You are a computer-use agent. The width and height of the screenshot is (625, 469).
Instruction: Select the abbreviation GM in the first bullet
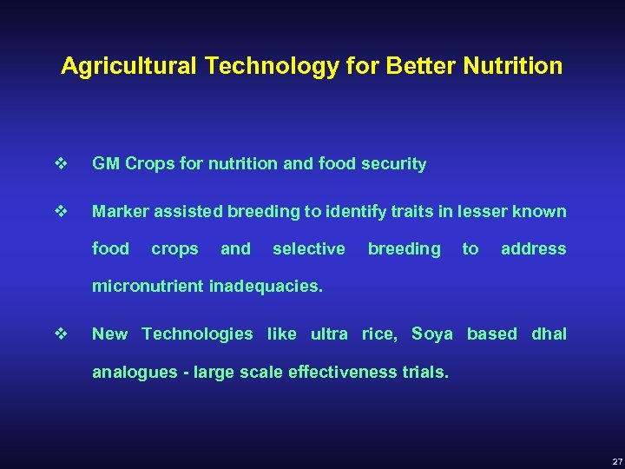click(106, 164)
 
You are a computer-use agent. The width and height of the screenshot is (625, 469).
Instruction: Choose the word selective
click(308, 248)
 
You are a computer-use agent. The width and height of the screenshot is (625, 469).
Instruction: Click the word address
click(533, 248)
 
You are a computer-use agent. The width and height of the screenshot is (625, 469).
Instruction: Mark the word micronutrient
click(148, 286)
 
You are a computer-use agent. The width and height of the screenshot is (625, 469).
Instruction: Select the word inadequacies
click(266, 286)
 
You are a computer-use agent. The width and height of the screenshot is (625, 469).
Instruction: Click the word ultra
click(329, 334)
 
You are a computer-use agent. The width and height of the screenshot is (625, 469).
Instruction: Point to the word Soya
click(431, 334)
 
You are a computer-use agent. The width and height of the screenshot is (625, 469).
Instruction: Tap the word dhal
click(549, 334)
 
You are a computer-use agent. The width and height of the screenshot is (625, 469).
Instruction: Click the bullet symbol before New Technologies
click(60, 334)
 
